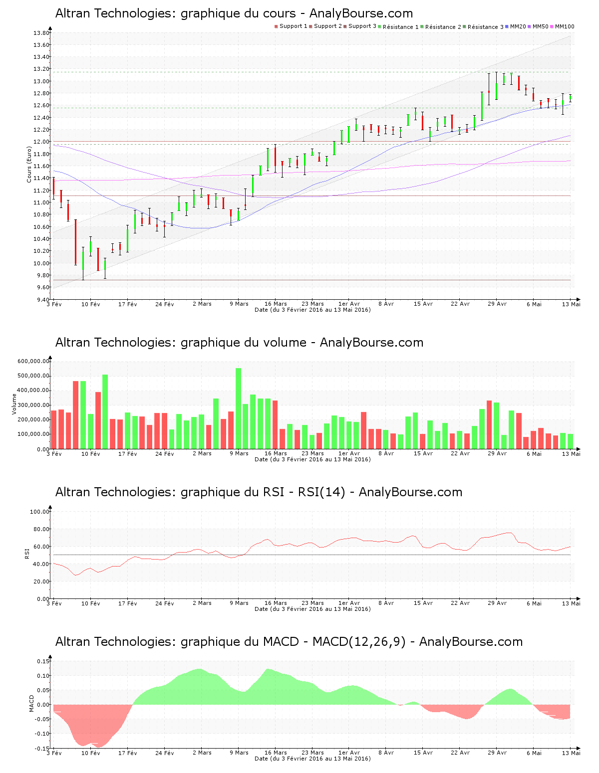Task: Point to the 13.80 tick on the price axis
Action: tap(41, 33)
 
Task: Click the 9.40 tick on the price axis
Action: tap(41, 300)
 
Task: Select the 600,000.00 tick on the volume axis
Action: tap(33, 362)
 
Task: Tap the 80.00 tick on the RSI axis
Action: tap(39, 529)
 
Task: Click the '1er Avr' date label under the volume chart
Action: tap(349, 453)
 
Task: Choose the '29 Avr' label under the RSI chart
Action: tap(497, 603)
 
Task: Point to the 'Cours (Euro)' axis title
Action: tap(29, 164)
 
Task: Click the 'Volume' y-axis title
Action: tap(14, 404)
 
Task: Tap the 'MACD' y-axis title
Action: tap(32, 703)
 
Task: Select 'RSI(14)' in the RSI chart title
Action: tap(321, 492)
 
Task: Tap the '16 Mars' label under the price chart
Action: tap(276, 304)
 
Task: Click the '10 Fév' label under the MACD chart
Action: tap(90, 753)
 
